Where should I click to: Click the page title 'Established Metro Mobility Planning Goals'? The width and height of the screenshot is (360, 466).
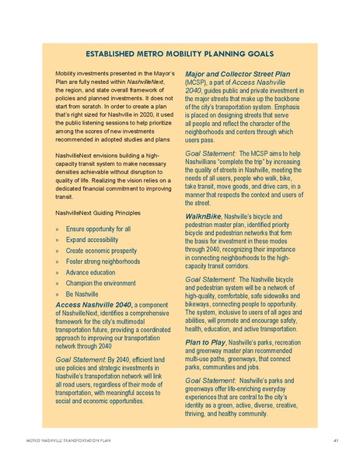coord(180,54)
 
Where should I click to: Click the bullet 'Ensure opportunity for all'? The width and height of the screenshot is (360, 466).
coord(98,229)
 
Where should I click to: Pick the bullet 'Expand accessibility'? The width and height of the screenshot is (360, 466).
coord(93,241)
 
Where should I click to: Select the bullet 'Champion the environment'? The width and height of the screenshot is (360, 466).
coord(102,285)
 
